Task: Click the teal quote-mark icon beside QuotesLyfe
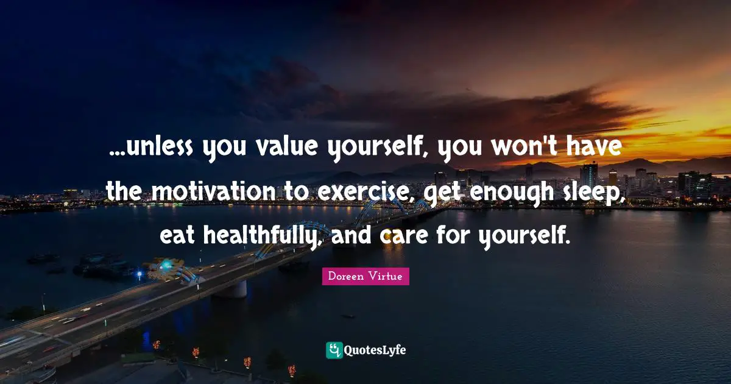pyautogui.click(x=334, y=350)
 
